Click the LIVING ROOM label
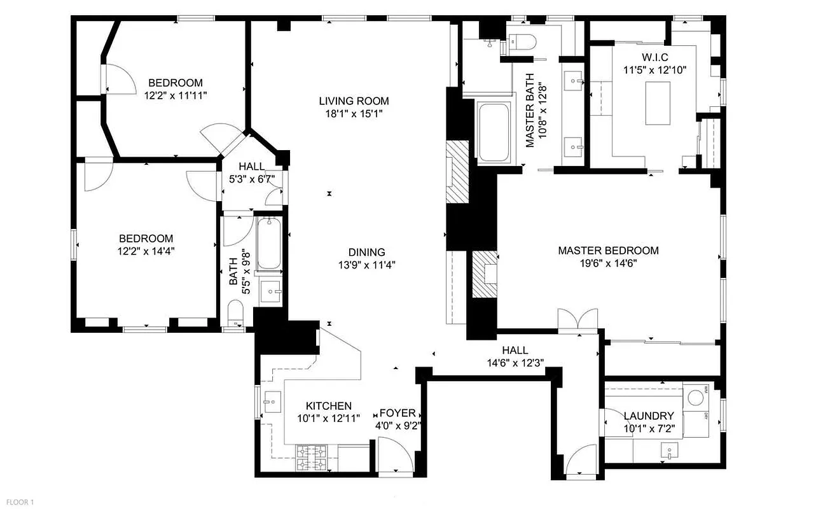coord(354,101)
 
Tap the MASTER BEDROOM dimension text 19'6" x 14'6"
coord(608,263)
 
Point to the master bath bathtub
coord(493,132)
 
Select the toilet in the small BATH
coord(236,314)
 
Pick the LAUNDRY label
coord(648,416)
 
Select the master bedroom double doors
coord(577,320)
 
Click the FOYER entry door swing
coord(394,457)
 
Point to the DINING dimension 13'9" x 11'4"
coord(367,266)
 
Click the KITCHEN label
coord(328,406)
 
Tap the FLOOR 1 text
coord(17,503)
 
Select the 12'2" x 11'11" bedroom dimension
coord(176,95)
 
